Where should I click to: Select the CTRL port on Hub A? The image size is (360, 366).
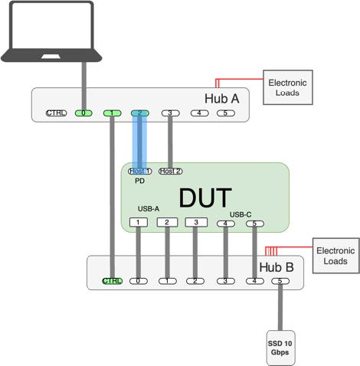click(x=56, y=113)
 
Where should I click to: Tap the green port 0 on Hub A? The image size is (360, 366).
click(x=83, y=113)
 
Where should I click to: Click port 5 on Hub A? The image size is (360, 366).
click(x=224, y=113)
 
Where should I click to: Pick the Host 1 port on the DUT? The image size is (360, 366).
click(x=139, y=171)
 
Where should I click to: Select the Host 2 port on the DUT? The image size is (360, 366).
click(x=170, y=171)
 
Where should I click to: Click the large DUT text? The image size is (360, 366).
click(x=205, y=197)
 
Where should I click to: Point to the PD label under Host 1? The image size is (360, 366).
click(x=139, y=181)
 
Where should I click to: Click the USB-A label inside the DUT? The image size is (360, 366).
click(x=149, y=208)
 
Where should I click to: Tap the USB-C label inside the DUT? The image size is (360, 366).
click(x=241, y=214)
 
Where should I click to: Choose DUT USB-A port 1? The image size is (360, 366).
click(x=139, y=223)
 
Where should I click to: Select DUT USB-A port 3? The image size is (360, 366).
click(x=196, y=223)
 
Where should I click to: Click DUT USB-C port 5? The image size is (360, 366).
click(x=254, y=224)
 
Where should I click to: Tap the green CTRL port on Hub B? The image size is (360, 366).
click(x=112, y=281)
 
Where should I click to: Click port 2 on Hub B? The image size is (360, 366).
click(x=196, y=281)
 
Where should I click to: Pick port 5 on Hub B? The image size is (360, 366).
click(x=281, y=281)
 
